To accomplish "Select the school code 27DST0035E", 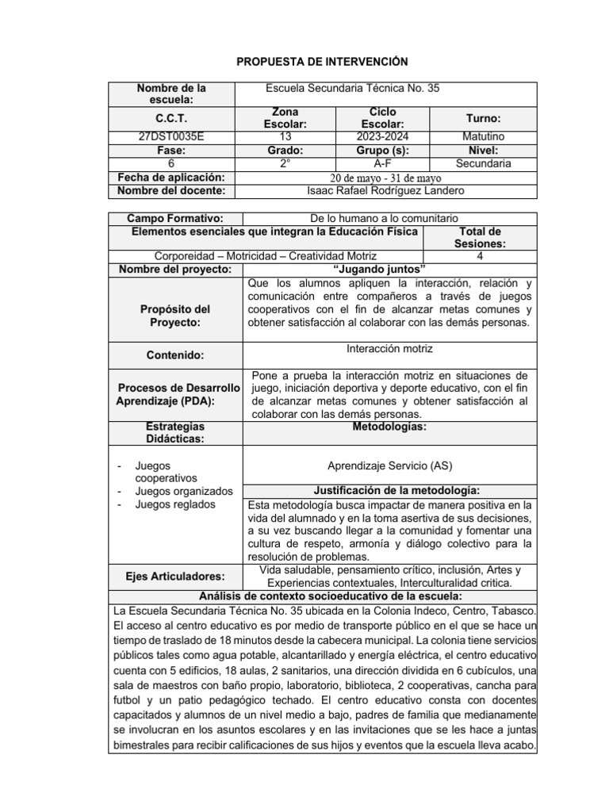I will coord(171,136).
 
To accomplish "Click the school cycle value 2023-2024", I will coord(383,136).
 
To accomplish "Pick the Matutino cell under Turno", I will coord(483,136).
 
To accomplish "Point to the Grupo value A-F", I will coord(383,163).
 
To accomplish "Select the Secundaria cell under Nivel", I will coord(483,163).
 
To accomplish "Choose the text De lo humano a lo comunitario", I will coord(383,218).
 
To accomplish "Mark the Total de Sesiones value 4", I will coord(480,256).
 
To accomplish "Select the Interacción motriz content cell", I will coord(389,348).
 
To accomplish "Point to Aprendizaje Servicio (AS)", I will coord(389,465).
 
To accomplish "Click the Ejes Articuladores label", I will coord(174,576).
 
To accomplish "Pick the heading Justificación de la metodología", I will coord(389,490).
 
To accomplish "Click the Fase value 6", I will coord(171,163).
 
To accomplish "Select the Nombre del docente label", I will coord(171,190).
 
